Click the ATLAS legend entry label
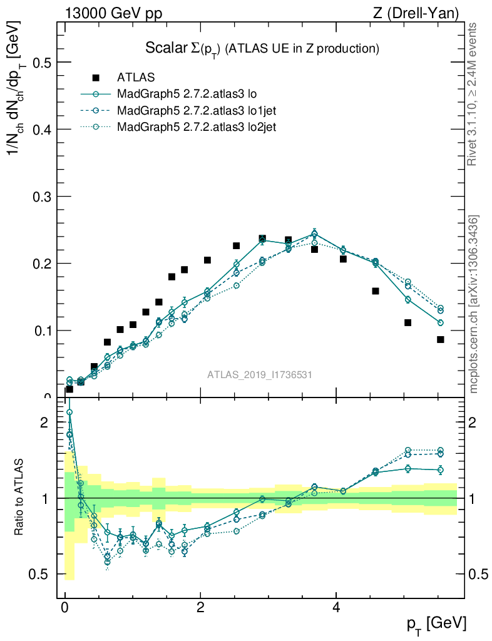pos(136,78)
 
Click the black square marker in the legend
pos(96,78)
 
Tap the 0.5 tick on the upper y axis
pos(41,63)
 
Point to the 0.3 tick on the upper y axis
pos(41,197)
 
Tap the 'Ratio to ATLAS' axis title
pos(20,498)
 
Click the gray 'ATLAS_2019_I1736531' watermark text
pos(260,374)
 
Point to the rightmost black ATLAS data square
pos(441,339)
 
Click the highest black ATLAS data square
pos(262,238)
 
